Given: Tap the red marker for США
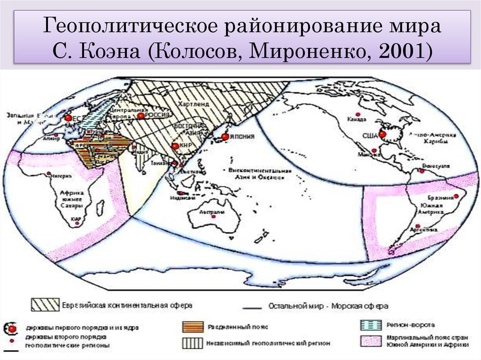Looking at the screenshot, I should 382,135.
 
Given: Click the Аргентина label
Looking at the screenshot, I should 425,230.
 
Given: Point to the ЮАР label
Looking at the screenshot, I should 75,219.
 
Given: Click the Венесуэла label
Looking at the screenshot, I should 436,166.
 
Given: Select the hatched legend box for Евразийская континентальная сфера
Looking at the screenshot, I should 45,305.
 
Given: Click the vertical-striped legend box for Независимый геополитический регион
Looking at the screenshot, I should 193,343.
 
